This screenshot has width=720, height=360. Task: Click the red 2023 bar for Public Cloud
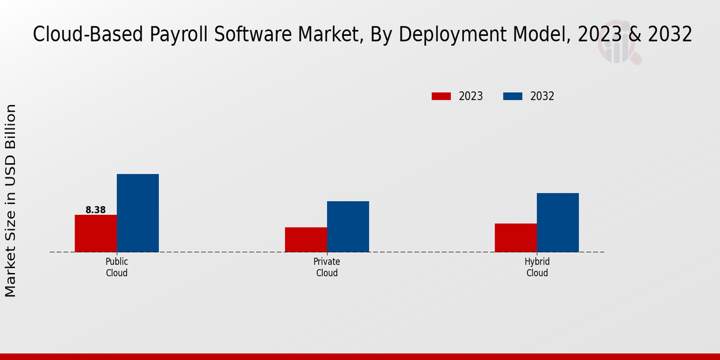95,233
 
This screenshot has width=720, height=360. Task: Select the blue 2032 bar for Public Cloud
137,213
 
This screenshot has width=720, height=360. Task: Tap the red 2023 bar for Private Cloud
306,239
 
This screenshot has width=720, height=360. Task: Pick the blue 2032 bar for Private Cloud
348,226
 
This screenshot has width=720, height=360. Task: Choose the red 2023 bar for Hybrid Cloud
515,238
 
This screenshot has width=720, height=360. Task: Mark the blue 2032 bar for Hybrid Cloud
557,222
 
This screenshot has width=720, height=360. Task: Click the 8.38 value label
95,210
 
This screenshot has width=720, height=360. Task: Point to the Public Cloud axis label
116,268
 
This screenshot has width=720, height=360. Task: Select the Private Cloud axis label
326,268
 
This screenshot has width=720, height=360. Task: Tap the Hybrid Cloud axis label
537,268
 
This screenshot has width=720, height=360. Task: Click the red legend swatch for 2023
441,96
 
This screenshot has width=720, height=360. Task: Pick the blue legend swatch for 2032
512,96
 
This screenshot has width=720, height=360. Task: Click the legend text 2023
470,96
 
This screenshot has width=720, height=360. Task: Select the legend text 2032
542,96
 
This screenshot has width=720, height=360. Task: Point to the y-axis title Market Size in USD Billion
11,200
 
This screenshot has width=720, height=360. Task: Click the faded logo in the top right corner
619,44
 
